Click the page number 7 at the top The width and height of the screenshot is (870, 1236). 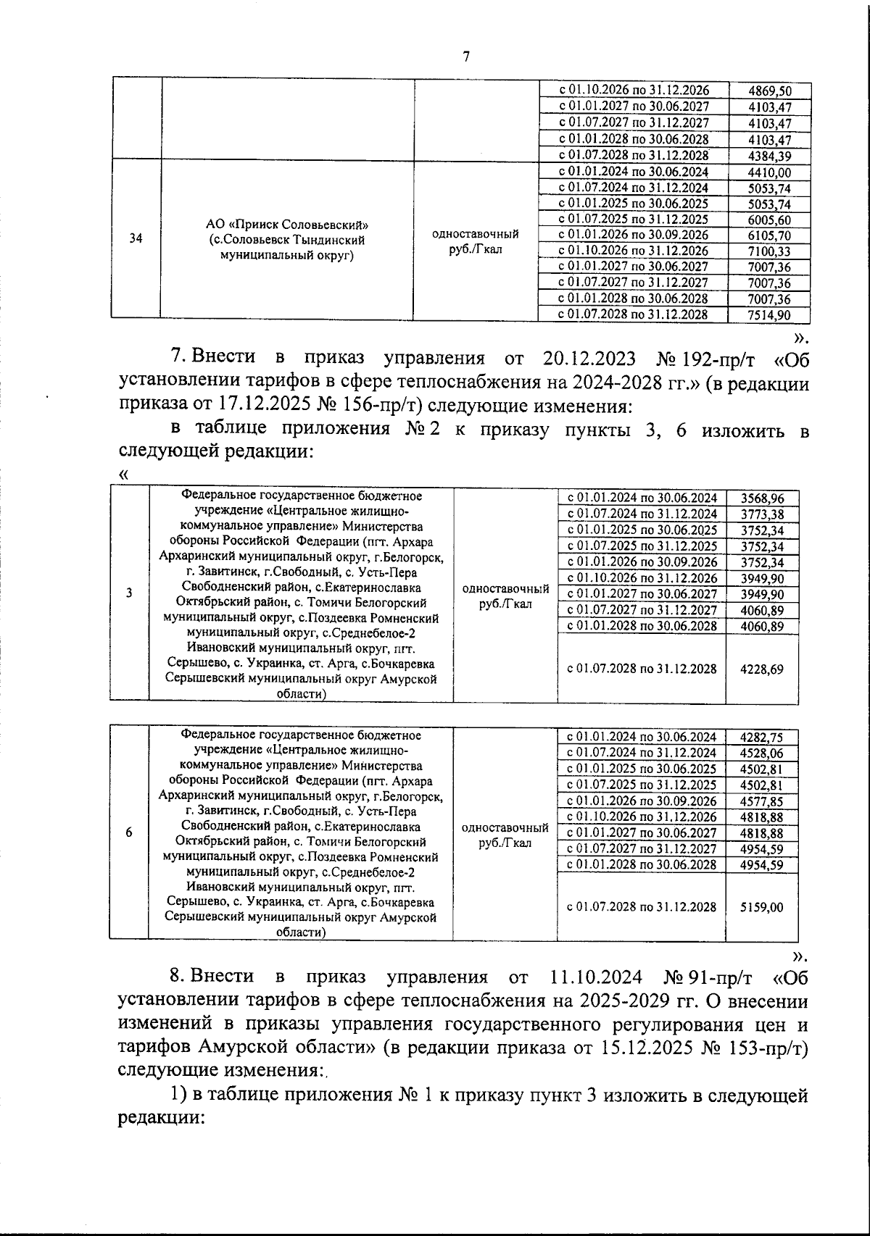click(465, 57)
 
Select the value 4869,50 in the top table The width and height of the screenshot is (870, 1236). click(769, 91)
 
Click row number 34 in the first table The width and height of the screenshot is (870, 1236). click(136, 238)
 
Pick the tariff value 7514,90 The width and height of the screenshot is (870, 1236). click(769, 314)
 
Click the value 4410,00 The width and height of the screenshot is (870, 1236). click(769, 172)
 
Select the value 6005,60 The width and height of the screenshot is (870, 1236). click(769, 220)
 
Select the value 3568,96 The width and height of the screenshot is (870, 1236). click(762, 498)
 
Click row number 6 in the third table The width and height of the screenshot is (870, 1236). click(129, 832)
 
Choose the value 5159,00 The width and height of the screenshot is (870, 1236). click(762, 907)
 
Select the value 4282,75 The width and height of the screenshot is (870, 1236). click(762, 738)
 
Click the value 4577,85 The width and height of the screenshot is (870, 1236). click(762, 801)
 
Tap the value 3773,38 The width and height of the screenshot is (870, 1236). click(762, 515)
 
